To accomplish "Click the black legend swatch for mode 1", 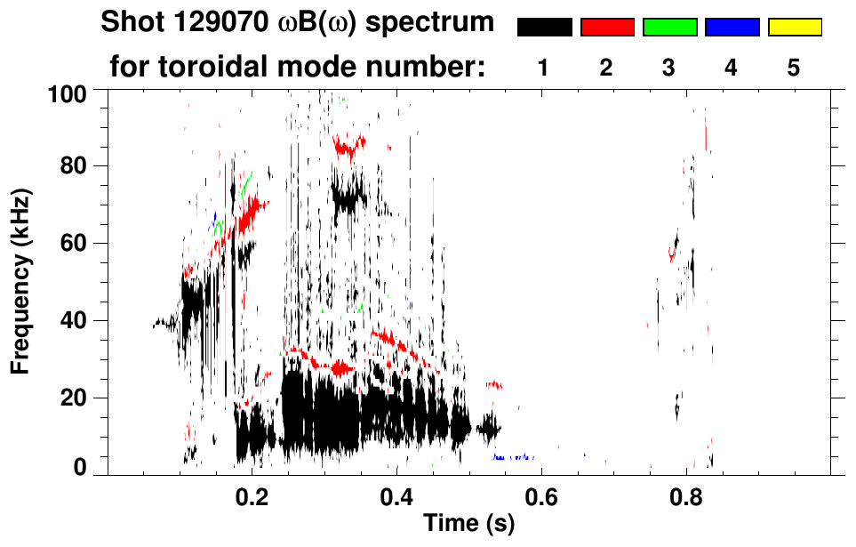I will click(x=544, y=28).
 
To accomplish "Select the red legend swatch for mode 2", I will click(x=607, y=28).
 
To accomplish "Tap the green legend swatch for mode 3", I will click(x=669, y=28).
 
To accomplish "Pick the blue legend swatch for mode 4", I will click(x=732, y=28).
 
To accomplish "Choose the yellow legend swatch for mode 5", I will click(x=794, y=28).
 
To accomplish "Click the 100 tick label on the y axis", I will click(x=73, y=92).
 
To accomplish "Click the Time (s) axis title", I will click(x=468, y=525).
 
